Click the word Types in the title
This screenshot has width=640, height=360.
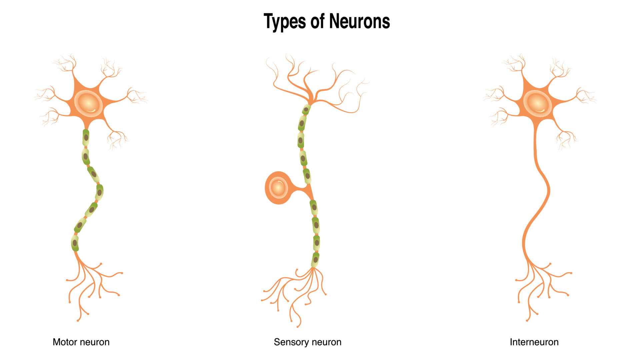coord(285,22)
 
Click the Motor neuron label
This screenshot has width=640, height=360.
coord(81,342)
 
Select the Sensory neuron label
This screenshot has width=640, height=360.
coord(307,342)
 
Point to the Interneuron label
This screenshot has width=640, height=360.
coord(534,342)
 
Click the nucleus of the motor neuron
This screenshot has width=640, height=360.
coord(88,103)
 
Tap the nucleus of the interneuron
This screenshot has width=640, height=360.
coord(537,103)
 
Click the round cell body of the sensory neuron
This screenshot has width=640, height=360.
coord(278,188)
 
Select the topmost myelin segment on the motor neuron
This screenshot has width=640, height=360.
coord(86,137)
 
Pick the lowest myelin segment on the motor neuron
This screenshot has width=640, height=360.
coord(75,243)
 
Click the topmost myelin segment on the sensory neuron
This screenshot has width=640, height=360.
coord(306,109)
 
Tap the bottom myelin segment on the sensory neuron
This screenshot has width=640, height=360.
coord(315,260)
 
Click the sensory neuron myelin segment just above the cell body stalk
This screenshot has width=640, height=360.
coord(307,176)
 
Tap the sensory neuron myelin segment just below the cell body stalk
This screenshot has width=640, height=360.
coord(314,207)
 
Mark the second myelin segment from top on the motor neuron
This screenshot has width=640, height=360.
coord(86,156)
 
